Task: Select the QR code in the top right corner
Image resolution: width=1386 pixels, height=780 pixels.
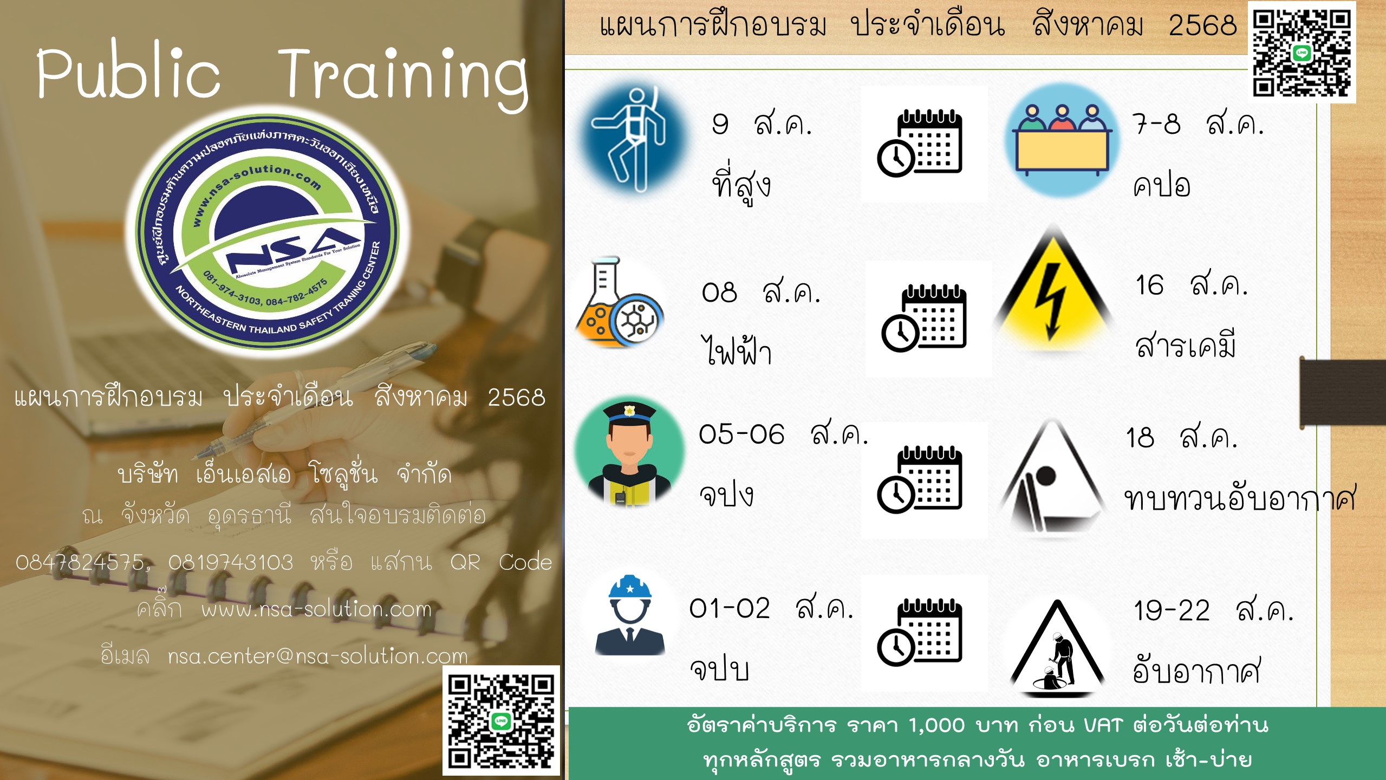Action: coord(1302,53)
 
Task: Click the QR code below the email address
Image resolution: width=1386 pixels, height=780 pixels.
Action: coord(501,720)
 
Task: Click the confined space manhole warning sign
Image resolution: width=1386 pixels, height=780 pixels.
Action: coord(1056,647)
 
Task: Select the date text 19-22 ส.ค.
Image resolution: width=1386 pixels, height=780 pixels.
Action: coord(1214,610)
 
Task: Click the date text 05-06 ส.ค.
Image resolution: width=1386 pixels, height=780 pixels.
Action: coord(783,434)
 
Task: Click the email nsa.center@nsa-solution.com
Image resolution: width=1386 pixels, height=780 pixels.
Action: coord(317,656)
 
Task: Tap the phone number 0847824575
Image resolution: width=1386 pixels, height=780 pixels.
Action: coord(80,563)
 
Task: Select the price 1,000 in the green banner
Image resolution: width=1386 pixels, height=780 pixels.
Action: coord(936,725)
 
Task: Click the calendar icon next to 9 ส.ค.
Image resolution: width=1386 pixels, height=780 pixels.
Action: coord(920,143)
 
